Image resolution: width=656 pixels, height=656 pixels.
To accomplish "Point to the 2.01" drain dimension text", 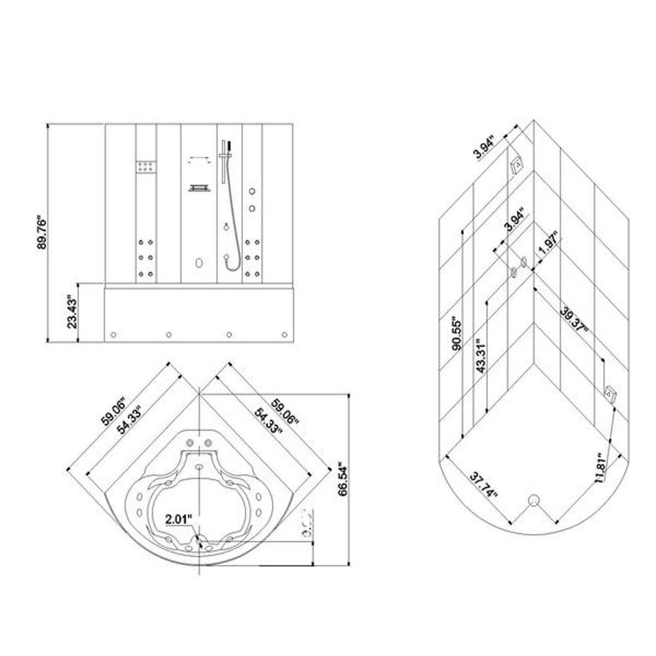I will point(178,518).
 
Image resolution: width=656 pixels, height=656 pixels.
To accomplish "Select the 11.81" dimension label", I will point(603,466).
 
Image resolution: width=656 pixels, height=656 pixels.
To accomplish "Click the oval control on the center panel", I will point(198,264).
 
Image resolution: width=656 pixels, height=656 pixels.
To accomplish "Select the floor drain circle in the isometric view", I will point(533,500).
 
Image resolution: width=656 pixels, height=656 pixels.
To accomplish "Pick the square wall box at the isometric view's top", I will point(518,162).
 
